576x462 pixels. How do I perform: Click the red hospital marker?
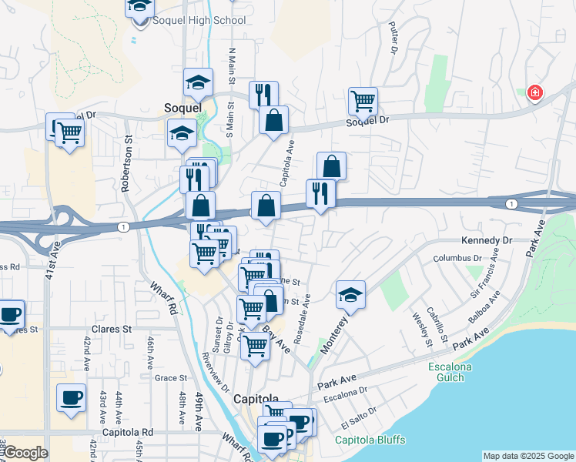534,93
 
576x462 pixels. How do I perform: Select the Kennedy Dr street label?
487,241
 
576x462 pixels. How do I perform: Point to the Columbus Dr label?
457,259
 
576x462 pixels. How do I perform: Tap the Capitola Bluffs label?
370,440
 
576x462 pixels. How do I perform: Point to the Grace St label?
171,378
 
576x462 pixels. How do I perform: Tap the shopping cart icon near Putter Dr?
363,100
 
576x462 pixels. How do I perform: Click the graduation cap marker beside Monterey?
350,294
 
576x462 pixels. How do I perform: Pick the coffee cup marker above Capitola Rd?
72,397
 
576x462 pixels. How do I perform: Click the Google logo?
25,453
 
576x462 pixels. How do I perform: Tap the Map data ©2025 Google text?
527,456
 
